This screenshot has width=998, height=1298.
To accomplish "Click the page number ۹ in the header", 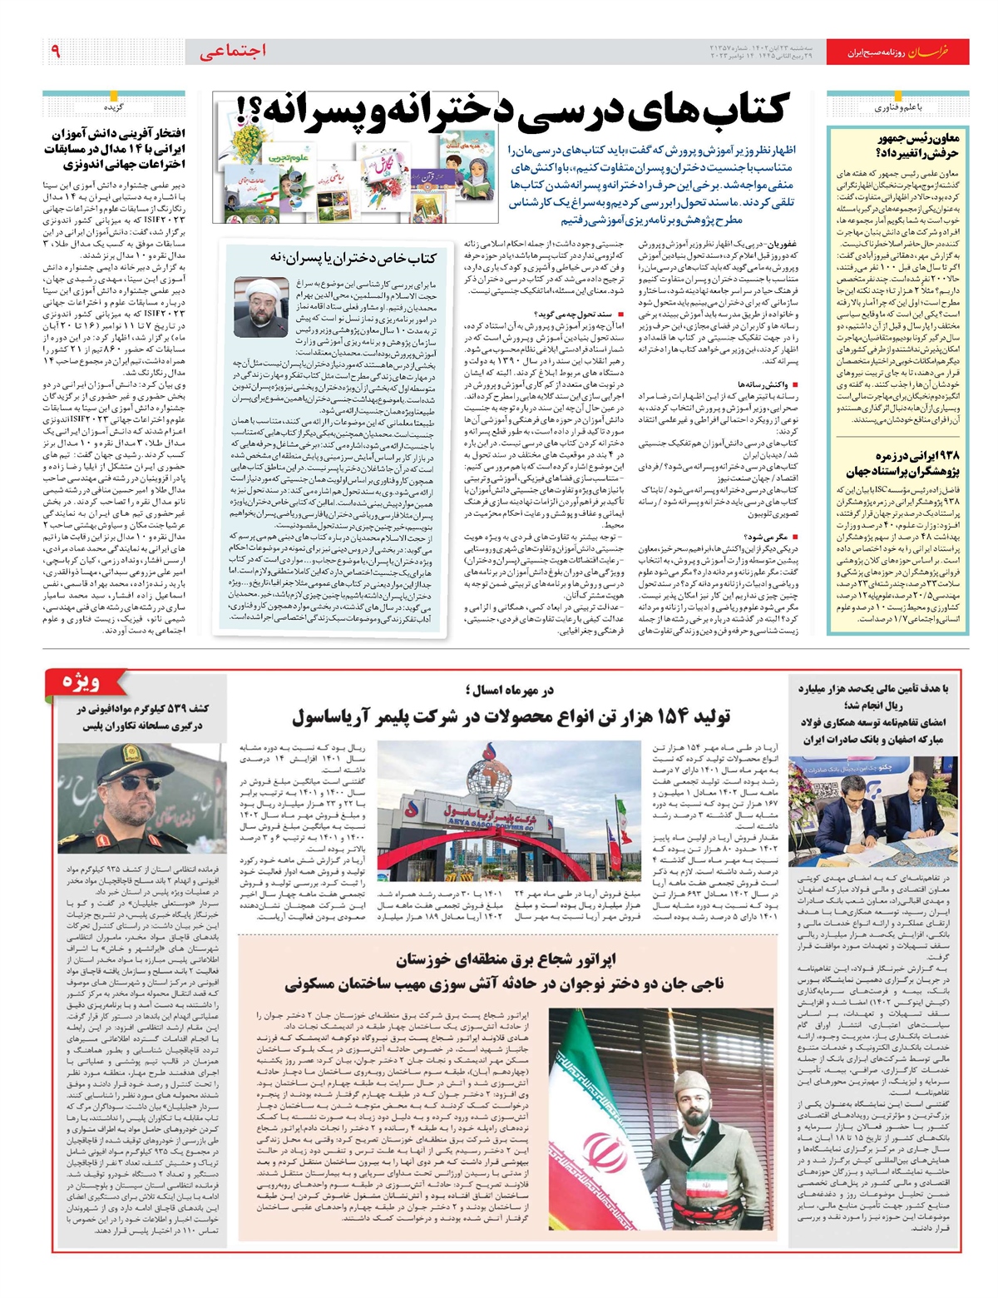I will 56,52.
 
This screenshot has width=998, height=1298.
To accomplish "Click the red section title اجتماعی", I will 234,51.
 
